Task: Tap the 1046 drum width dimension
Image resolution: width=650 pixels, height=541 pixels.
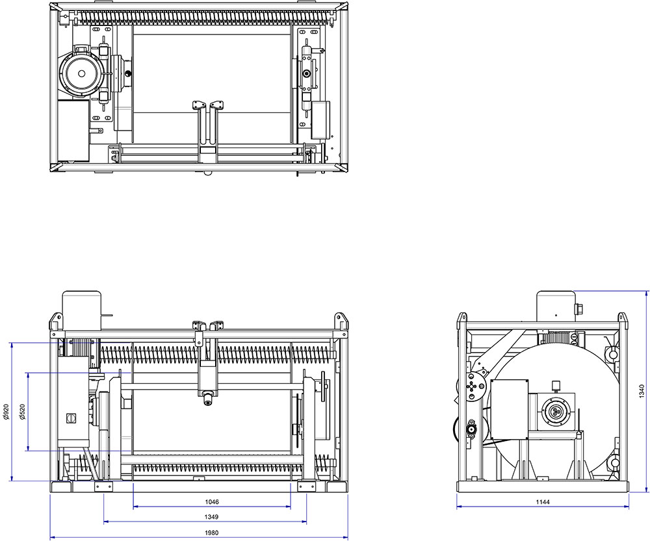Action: coord(211,502)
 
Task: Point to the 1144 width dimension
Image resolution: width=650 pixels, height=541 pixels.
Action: coord(543,502)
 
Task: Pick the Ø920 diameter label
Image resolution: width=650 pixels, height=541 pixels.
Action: coord(6,412)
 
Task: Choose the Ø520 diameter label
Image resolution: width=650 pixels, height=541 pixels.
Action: coord(21,412)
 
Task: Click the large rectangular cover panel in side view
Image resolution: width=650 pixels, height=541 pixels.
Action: coord(510,409)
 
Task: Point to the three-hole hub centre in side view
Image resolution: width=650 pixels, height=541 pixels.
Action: coord(556,412)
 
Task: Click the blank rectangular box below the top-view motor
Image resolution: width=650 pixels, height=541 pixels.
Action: coord(73,129)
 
